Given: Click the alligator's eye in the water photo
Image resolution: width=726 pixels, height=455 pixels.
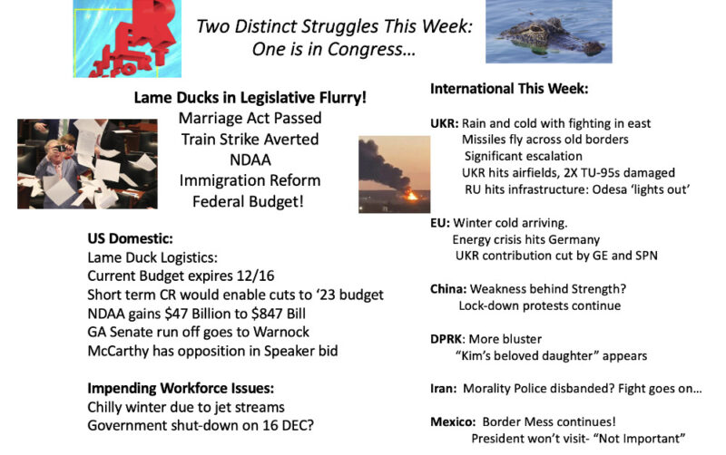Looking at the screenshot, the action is click(x=537, y=29).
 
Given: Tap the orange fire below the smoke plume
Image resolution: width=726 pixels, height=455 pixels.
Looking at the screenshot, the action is click(x=411, y=195).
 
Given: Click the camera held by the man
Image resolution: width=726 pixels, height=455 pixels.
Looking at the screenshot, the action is click(x=59, y=149).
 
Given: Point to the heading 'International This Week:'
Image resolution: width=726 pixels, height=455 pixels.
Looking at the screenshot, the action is click(x=509, y=89).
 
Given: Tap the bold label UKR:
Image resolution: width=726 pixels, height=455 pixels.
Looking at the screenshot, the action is click(x=444, y=123).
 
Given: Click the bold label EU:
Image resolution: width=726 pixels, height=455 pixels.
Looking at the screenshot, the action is click(x=440, y=223).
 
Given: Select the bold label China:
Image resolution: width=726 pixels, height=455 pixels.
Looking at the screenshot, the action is click(x=448, y=289).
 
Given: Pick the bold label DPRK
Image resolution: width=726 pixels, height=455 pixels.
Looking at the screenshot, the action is click(x=446, y=339).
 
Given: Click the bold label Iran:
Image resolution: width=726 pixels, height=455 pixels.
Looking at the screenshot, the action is click(x=443, y=389).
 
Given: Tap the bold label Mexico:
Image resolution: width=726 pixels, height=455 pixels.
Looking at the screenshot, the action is click(x=453, y=421).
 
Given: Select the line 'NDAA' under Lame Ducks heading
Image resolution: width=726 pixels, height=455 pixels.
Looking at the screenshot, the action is click(x=250, y=160).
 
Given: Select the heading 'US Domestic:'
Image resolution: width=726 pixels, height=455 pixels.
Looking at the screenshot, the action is click(x=130, y=238).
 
